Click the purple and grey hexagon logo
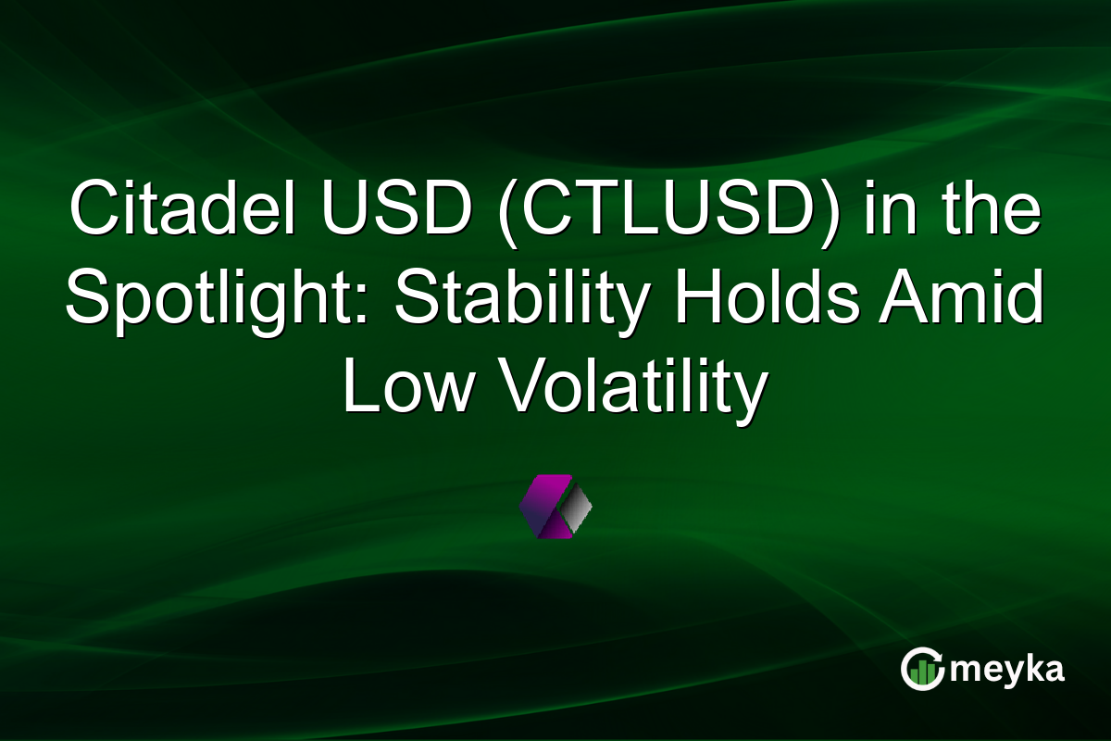point(555,506)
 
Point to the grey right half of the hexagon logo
point(576,506)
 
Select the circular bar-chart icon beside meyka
point(923,669)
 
